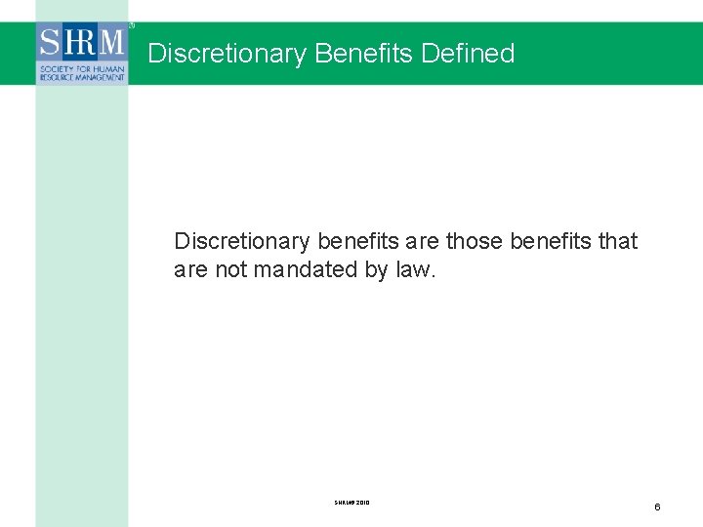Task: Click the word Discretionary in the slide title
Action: tap(227, 53)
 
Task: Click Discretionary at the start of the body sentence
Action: tap(242, 241)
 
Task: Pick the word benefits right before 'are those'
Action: tap(358, 241)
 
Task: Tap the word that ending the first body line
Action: tap(618, 241)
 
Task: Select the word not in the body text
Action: tap(230, 269)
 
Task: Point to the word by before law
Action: tap(376, 270)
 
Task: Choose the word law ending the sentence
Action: tap(415, 269)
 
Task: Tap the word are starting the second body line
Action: tap(190, 269)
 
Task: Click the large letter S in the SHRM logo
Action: tap(51, 44)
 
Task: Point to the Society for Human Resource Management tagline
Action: tap(82, 71)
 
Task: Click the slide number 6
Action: tap(657, 507)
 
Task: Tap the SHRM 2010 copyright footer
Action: tap(351, 503)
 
